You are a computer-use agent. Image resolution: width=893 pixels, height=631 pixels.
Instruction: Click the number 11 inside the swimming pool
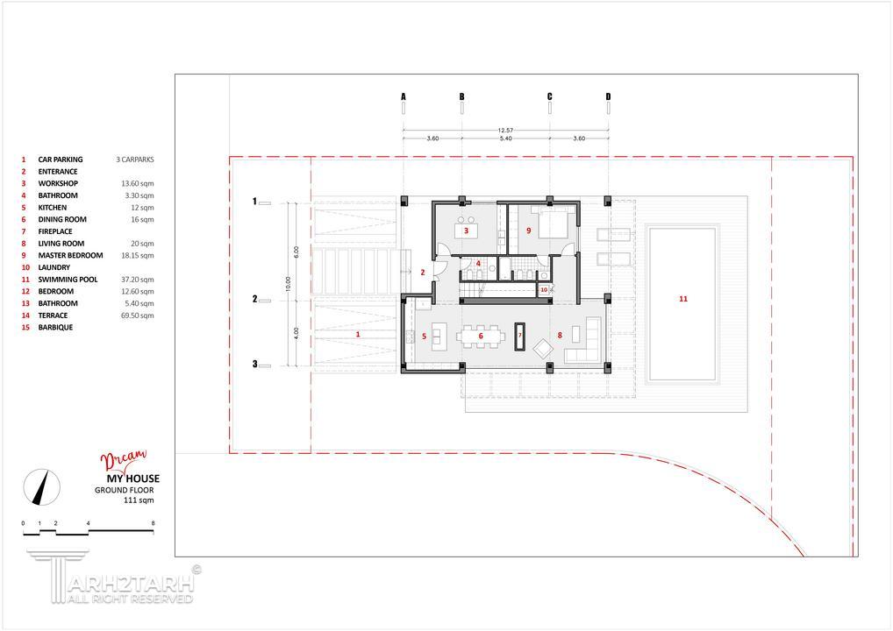(x=682, y=299)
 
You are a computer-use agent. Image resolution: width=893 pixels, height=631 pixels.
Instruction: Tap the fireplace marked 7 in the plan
(x=519, y=337)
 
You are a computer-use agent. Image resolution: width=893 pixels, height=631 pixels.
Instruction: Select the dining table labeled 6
(x=481, y=337)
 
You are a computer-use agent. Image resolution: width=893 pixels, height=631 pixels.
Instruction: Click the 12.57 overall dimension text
(x=505, y=131)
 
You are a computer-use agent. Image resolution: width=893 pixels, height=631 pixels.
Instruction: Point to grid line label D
(x=608, y=96)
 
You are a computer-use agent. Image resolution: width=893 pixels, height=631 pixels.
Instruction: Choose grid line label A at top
(x=404, y=96)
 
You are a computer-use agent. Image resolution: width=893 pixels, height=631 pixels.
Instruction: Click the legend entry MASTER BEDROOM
(x=71, y=256)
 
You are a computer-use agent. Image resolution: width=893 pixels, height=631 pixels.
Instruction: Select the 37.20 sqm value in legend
(x=137, y=280)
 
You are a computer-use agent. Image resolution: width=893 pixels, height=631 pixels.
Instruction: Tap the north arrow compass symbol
(x=41, y=487)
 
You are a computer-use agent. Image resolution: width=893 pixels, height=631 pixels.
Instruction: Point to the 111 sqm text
(x=139, y=500)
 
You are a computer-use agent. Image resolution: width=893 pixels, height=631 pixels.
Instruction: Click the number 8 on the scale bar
(x=153, y=523)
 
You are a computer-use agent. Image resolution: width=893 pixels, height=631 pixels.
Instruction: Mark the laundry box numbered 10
(x=544, y=289)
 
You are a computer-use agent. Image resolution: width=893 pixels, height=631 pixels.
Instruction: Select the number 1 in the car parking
(x=358, y=335)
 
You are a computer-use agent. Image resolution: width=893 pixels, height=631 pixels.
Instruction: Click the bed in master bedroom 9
(x=553, y=223)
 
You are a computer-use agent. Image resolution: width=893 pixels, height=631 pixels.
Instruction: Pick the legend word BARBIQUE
(x=55, y=328)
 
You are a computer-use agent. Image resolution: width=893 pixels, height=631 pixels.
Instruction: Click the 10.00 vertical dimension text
(x=289, y=284)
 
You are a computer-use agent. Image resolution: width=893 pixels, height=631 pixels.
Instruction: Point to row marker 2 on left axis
(x=254, y=299)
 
